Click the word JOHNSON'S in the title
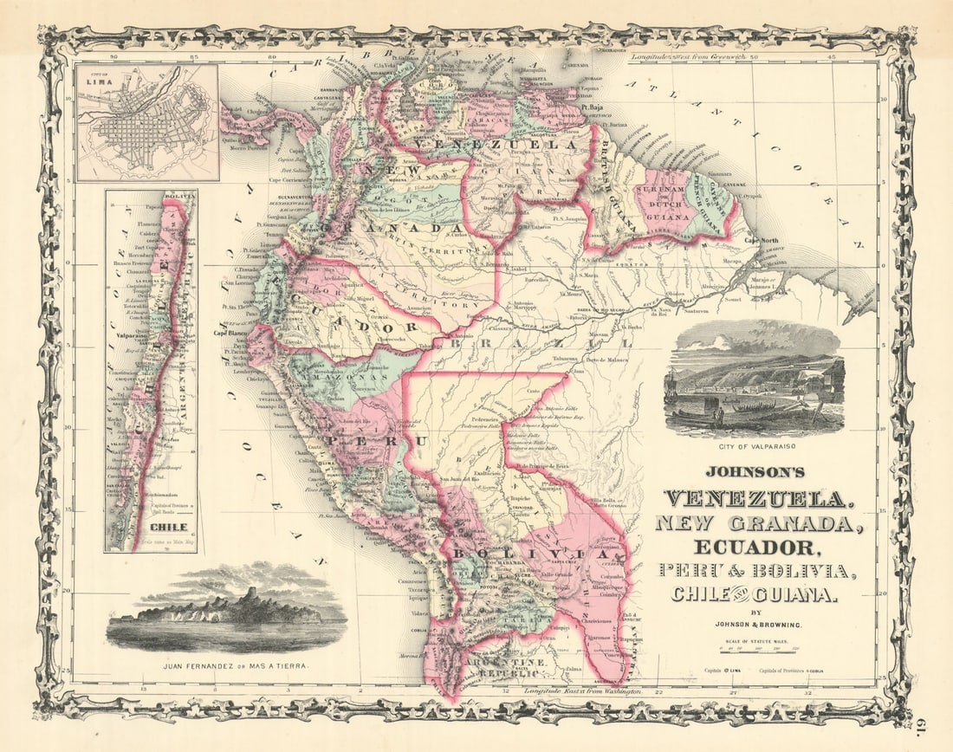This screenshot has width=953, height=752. pyautogui.click(x=755, y=472)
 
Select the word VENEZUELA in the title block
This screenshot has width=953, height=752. pyautogui.click(x=755, y=499)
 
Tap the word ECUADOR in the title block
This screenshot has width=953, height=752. pyautogui.click(x=755, y=547)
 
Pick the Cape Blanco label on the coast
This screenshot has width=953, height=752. pyautogui.click(x=232, y=334)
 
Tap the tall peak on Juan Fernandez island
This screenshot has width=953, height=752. pyautogui.click(x=250, y=593)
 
